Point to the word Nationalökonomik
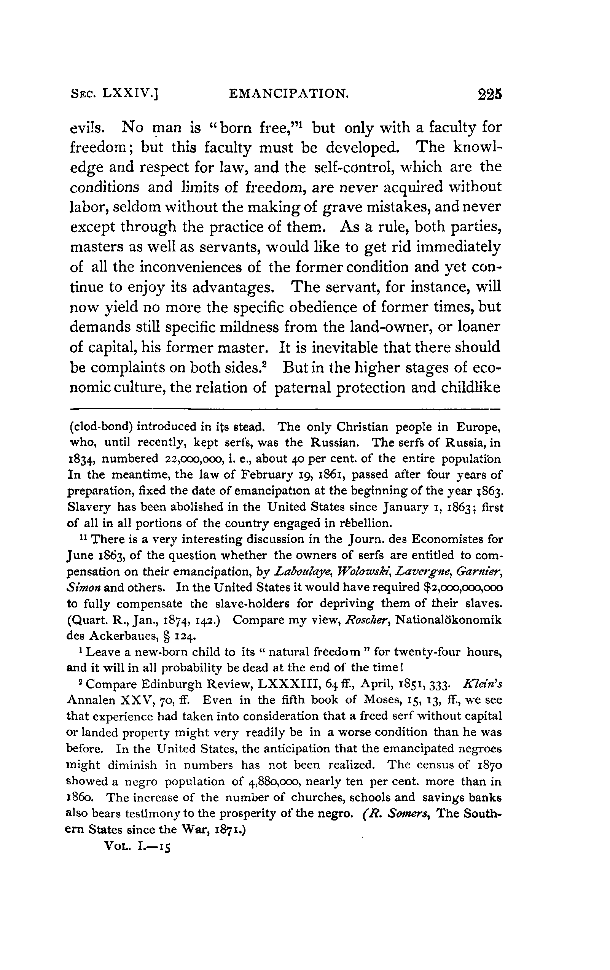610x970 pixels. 449,620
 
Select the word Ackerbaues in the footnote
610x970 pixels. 125,636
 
